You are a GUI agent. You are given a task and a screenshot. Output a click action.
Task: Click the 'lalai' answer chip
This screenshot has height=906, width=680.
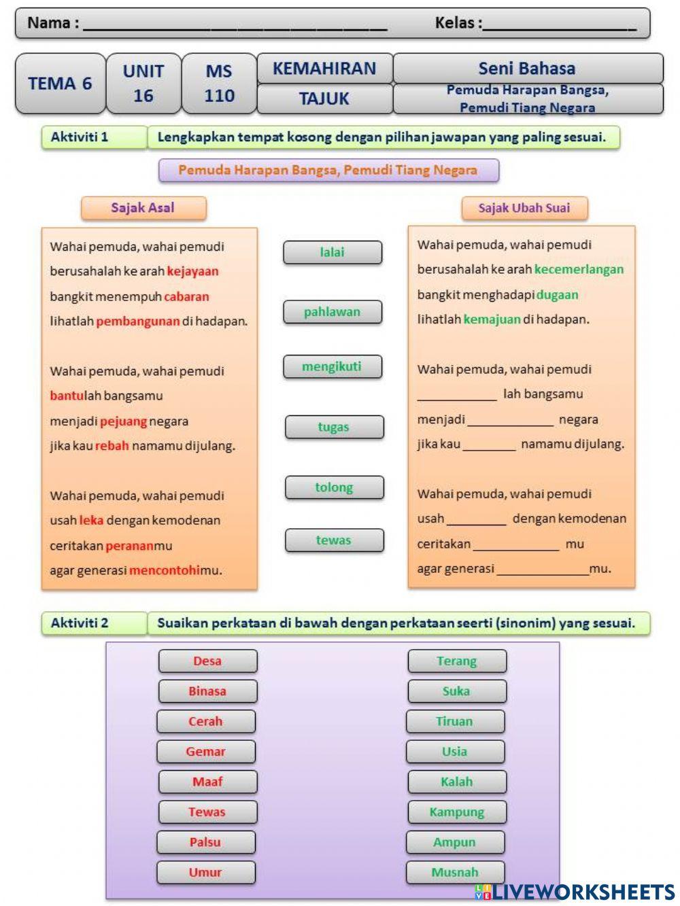333,252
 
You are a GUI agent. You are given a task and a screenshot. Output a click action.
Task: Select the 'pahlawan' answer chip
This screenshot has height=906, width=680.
333,312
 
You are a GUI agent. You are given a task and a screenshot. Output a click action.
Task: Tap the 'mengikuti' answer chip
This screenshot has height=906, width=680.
333,367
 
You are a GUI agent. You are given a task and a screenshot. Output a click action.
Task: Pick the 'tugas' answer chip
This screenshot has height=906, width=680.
334,427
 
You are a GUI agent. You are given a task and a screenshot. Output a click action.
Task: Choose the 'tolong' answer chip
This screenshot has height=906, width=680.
334,487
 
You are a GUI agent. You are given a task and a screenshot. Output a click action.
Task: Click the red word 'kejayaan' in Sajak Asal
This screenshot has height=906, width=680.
192,271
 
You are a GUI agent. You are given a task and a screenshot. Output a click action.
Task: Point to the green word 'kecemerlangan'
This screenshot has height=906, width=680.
579,269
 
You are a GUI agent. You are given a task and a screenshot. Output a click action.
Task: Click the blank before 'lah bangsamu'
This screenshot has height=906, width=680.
457,395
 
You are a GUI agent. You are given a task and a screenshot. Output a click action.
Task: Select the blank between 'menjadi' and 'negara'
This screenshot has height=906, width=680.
511,421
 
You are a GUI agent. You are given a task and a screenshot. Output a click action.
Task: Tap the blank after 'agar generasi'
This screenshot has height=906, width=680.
542,570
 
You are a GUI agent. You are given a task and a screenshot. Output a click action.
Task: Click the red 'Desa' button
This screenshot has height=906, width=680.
207,661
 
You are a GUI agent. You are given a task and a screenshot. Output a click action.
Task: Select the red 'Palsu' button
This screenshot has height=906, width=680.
205,842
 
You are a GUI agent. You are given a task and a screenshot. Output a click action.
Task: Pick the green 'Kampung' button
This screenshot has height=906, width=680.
457,812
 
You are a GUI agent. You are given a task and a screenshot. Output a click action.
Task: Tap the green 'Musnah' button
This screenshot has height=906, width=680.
455,872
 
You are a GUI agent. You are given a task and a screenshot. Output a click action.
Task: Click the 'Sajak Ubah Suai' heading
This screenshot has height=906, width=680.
524,208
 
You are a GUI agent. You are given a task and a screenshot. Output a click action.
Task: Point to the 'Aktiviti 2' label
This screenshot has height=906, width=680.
80,623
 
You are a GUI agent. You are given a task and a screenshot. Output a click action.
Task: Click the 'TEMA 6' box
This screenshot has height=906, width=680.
60,84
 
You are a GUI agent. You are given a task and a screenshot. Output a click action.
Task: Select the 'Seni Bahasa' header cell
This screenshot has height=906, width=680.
527,68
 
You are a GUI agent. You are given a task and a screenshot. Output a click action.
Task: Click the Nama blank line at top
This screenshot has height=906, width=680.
235,26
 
